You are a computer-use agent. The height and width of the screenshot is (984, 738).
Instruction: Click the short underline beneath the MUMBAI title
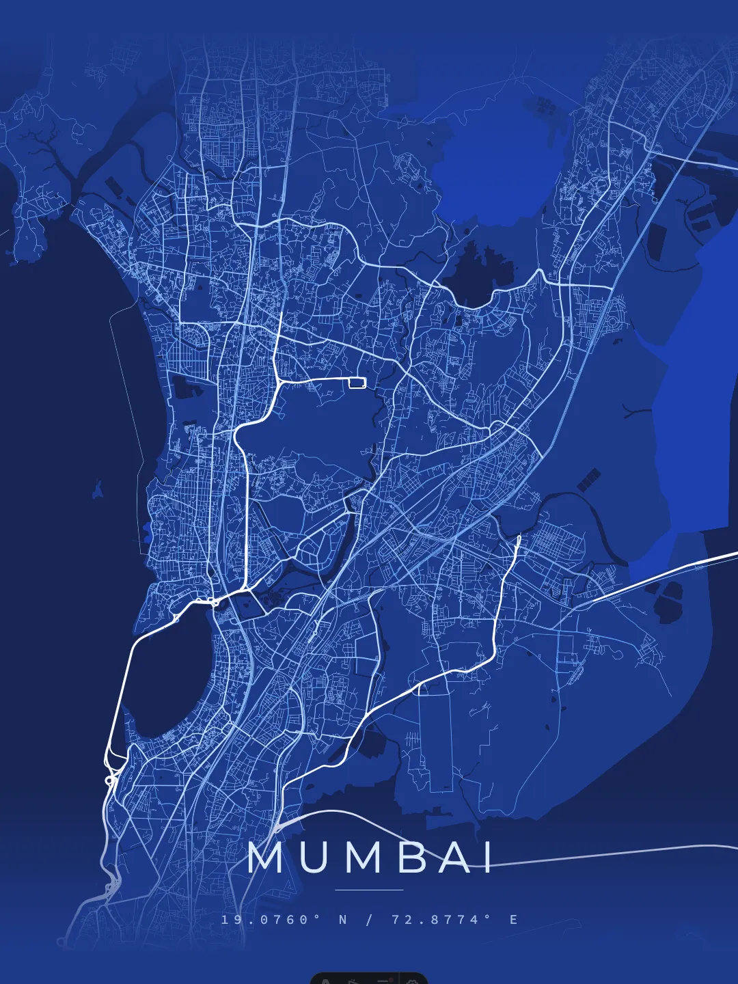(369, 890)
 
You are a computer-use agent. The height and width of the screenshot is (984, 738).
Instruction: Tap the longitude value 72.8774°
(441, 920)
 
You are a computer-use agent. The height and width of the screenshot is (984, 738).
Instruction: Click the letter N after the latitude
(344, 920)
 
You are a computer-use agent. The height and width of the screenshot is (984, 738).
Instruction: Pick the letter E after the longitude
(513, 920)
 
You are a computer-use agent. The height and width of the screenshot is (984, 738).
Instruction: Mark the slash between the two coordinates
(370, 920)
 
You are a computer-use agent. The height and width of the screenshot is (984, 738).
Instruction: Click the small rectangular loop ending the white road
(357, 383)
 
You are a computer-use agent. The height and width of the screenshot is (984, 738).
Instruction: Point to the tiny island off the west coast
(98, 489)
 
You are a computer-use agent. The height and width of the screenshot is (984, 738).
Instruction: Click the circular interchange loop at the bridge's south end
(110, 778)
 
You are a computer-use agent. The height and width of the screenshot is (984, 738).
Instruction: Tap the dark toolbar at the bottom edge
(369, 979)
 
